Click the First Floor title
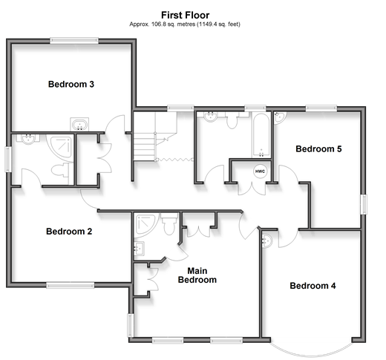[185, 15]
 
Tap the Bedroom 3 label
[71, 84]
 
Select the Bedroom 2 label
[69, 232]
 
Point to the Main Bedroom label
[197, 275]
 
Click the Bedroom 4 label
[313, 286]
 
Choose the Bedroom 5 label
[318, 148]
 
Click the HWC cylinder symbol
[260, 171]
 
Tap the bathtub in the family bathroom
[261, 135]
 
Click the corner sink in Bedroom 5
[280, 117]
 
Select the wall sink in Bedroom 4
[266, 241]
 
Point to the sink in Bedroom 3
[79, 124]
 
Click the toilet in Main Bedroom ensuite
[169, 223]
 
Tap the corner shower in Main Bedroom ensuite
[145, 225]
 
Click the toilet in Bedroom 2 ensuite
[60, 170]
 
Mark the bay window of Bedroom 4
[311, 350]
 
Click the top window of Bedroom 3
[74, 41]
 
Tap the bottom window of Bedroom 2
[71, 285]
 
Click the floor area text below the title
[185, 24]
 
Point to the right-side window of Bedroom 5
[364, 204]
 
